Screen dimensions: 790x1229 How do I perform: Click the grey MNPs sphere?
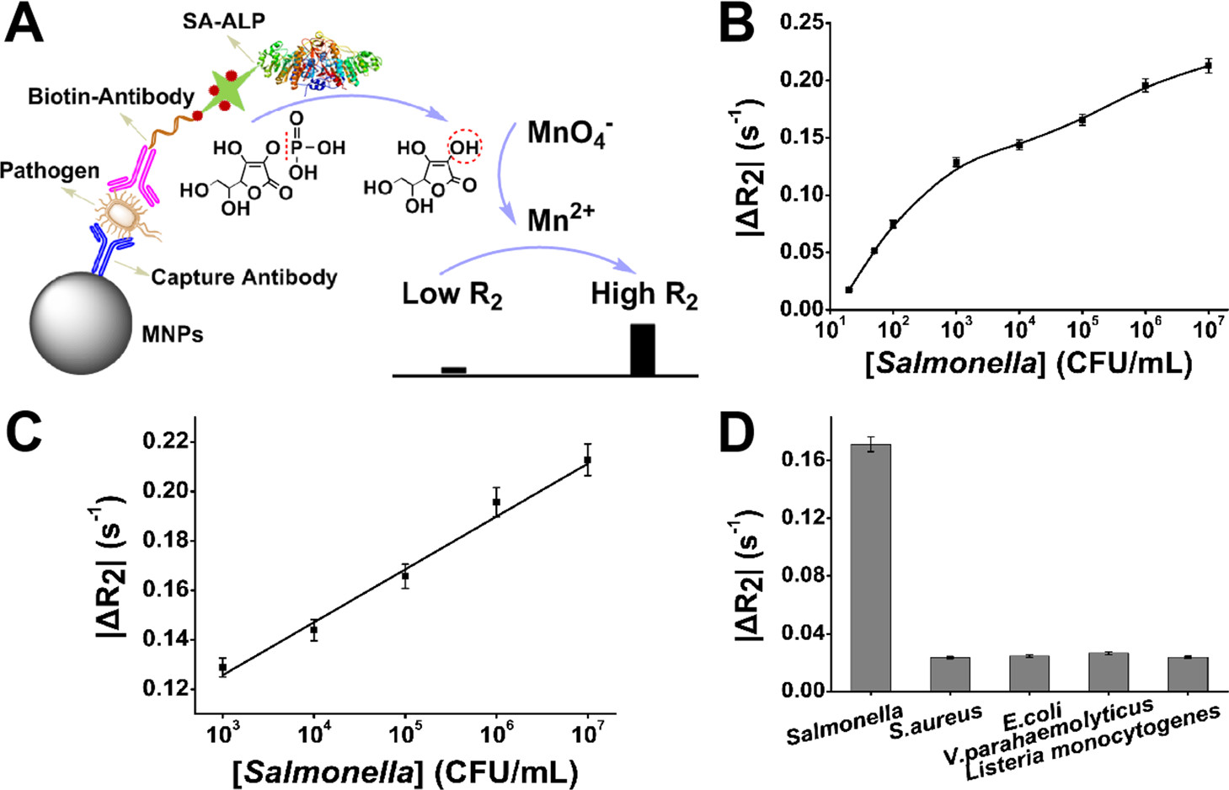81,323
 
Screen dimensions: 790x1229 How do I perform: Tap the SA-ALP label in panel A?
224,21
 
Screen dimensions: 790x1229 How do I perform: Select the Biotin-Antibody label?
111,97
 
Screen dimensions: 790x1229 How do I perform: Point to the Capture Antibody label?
244,277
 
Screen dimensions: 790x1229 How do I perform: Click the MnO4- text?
569,134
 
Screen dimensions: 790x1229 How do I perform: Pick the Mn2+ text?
560,220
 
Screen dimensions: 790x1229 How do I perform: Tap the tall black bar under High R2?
643,349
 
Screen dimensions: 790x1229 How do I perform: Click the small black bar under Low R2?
453,370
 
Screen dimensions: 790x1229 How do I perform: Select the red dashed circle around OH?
463,148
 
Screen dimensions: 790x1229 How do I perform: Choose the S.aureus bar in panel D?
949,674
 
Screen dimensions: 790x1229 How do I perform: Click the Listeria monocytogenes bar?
1187,674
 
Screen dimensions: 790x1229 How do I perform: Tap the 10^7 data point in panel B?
1208,66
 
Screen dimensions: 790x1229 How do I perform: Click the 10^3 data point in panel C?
222,668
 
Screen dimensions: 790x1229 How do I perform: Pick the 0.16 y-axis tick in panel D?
806,460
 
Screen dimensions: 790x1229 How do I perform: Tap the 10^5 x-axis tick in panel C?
405,734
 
